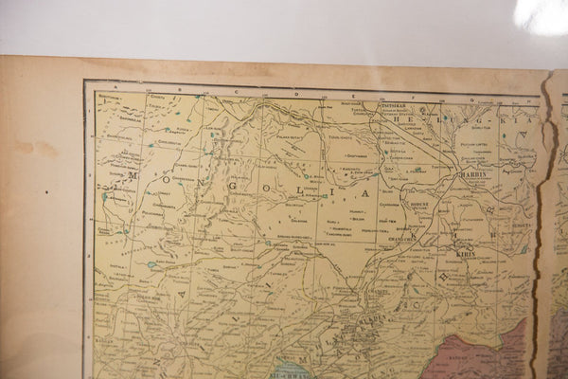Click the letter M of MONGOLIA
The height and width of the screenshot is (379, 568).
(x=133, y=174)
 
